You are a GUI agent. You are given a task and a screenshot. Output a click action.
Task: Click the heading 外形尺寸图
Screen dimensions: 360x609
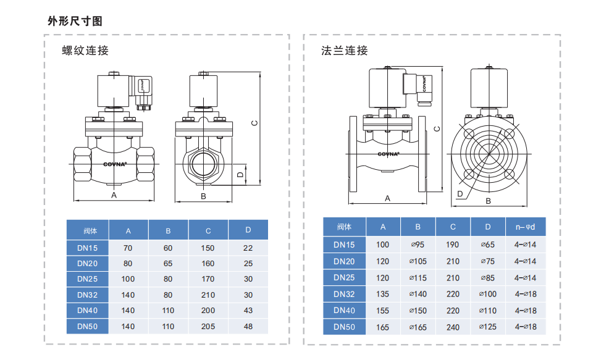pyautogui.click(x=75, y=21)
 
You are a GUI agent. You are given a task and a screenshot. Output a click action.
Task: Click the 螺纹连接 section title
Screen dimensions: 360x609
pyautogui.click(x=85, y=50)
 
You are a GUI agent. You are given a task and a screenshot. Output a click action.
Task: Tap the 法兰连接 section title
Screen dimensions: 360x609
pyautogui.click(x=344, y=50)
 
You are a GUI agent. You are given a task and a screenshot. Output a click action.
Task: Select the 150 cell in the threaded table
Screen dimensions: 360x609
pyautogui.click(x=208, y=248)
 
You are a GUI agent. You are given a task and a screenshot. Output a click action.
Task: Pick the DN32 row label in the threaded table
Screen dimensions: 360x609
pyautogui.click(x=88, y=295)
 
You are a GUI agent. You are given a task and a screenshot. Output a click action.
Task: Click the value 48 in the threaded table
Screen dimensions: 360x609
pyautogui.click(x=248, y=326)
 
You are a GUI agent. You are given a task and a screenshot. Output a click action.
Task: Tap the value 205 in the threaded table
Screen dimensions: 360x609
pyautogui.click(x=208, y=326)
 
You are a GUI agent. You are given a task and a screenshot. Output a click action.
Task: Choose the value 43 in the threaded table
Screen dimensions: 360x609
pyautogui.click(x=248, y=311)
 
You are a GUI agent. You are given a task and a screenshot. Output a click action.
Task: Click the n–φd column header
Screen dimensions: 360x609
pyautogui.click(x=525, y=227)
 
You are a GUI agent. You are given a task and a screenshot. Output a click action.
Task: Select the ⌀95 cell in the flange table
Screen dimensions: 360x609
pyautogui.click(x=418, y=245)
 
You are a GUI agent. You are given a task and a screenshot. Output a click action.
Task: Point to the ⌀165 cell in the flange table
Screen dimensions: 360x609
pyautogui.click(x=418, y=327)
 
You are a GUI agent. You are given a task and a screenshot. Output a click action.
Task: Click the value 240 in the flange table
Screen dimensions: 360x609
pyautogui.click(x=453, y=327)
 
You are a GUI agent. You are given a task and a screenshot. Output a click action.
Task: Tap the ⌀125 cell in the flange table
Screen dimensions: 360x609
pyautogui.click(x=488, y=327)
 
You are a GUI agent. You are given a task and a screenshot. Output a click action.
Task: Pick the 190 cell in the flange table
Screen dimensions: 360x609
pyautogui.click(x=453, y=245)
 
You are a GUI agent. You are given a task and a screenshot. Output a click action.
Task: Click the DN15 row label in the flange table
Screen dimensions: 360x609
pyautogui.click(x=344, y=245)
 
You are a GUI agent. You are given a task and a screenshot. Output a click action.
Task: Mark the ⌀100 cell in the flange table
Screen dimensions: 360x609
pyautogui.click(x=488, y=294)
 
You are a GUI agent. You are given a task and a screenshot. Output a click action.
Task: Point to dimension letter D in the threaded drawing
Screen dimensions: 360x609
pyautogui.click(x=240, y=175)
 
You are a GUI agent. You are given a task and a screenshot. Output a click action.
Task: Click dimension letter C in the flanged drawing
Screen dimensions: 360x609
pyautogui.click(x=437, y=128)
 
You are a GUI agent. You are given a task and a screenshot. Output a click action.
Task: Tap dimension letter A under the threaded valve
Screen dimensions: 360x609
pyautogui.click(x=114, y=195)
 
